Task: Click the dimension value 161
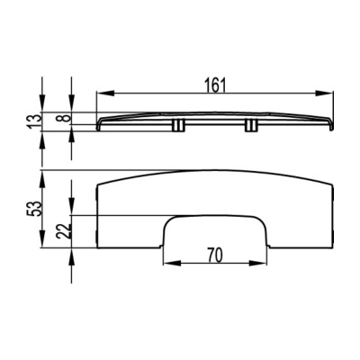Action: tap(215, 85)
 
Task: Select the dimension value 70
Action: tap(215, 256)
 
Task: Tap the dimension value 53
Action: tap(35, 209)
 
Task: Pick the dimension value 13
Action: tap(35, 121)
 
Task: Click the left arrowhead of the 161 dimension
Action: tap(105, 94)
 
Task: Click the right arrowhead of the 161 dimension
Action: tap(324, 94)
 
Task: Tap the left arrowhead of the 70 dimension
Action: tap(172, 263)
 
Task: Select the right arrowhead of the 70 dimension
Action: tap(257, 263)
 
